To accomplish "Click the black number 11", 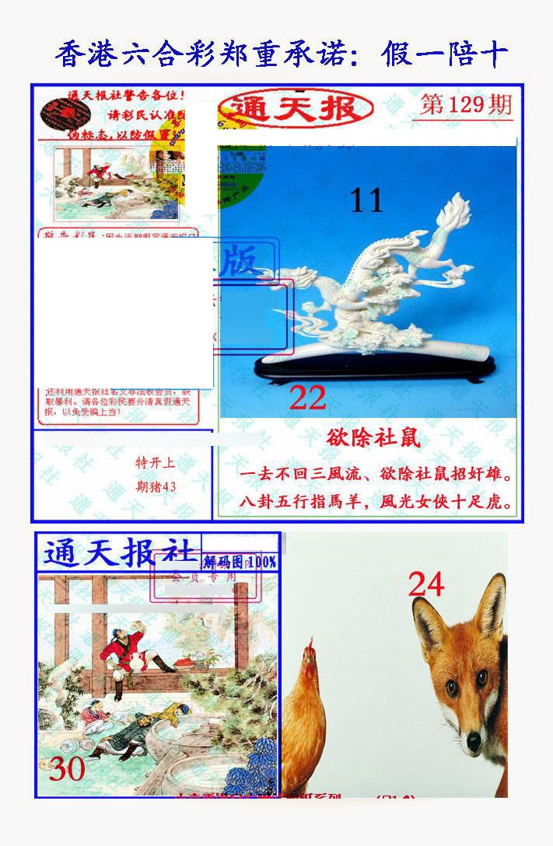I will [366, 200].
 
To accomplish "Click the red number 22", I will [307, 398].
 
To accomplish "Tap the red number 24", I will [426, 583].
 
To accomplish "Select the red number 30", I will [66, 769].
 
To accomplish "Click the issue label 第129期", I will [465, 105].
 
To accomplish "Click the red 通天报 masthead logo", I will [295, 110].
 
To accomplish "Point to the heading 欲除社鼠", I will [373, 438].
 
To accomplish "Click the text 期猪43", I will [156, 487].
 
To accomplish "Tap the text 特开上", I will [156, 464].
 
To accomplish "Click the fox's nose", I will [473, 741].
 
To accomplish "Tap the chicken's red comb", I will [311, 646].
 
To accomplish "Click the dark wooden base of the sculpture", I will [373, 369].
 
